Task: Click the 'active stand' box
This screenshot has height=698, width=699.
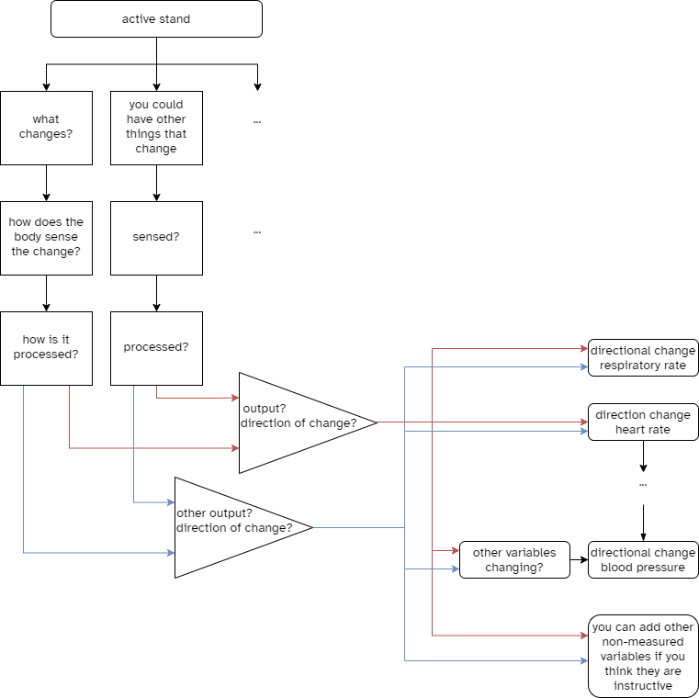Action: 156,19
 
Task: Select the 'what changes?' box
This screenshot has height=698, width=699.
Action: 46,128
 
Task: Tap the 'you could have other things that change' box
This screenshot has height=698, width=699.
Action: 156,128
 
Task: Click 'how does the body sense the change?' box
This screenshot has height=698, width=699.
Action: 46,238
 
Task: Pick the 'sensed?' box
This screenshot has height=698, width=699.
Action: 156,238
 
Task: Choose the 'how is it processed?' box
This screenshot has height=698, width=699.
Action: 46,348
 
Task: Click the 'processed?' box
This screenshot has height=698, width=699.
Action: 156,348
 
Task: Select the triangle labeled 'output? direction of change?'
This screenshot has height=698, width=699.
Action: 294,422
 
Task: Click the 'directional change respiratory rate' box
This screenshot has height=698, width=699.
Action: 643,358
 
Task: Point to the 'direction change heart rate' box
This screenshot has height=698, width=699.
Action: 643,422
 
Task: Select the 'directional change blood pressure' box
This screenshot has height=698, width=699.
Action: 643,560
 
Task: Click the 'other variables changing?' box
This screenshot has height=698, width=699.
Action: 514,560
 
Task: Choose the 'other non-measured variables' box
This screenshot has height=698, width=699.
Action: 643,656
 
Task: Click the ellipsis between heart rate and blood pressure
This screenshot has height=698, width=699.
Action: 643,483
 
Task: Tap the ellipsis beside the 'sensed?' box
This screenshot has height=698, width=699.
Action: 257,231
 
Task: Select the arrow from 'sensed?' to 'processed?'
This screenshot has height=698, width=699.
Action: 156,293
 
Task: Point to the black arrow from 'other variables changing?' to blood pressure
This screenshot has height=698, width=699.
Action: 578,559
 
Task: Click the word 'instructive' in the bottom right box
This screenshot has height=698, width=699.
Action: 643,686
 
